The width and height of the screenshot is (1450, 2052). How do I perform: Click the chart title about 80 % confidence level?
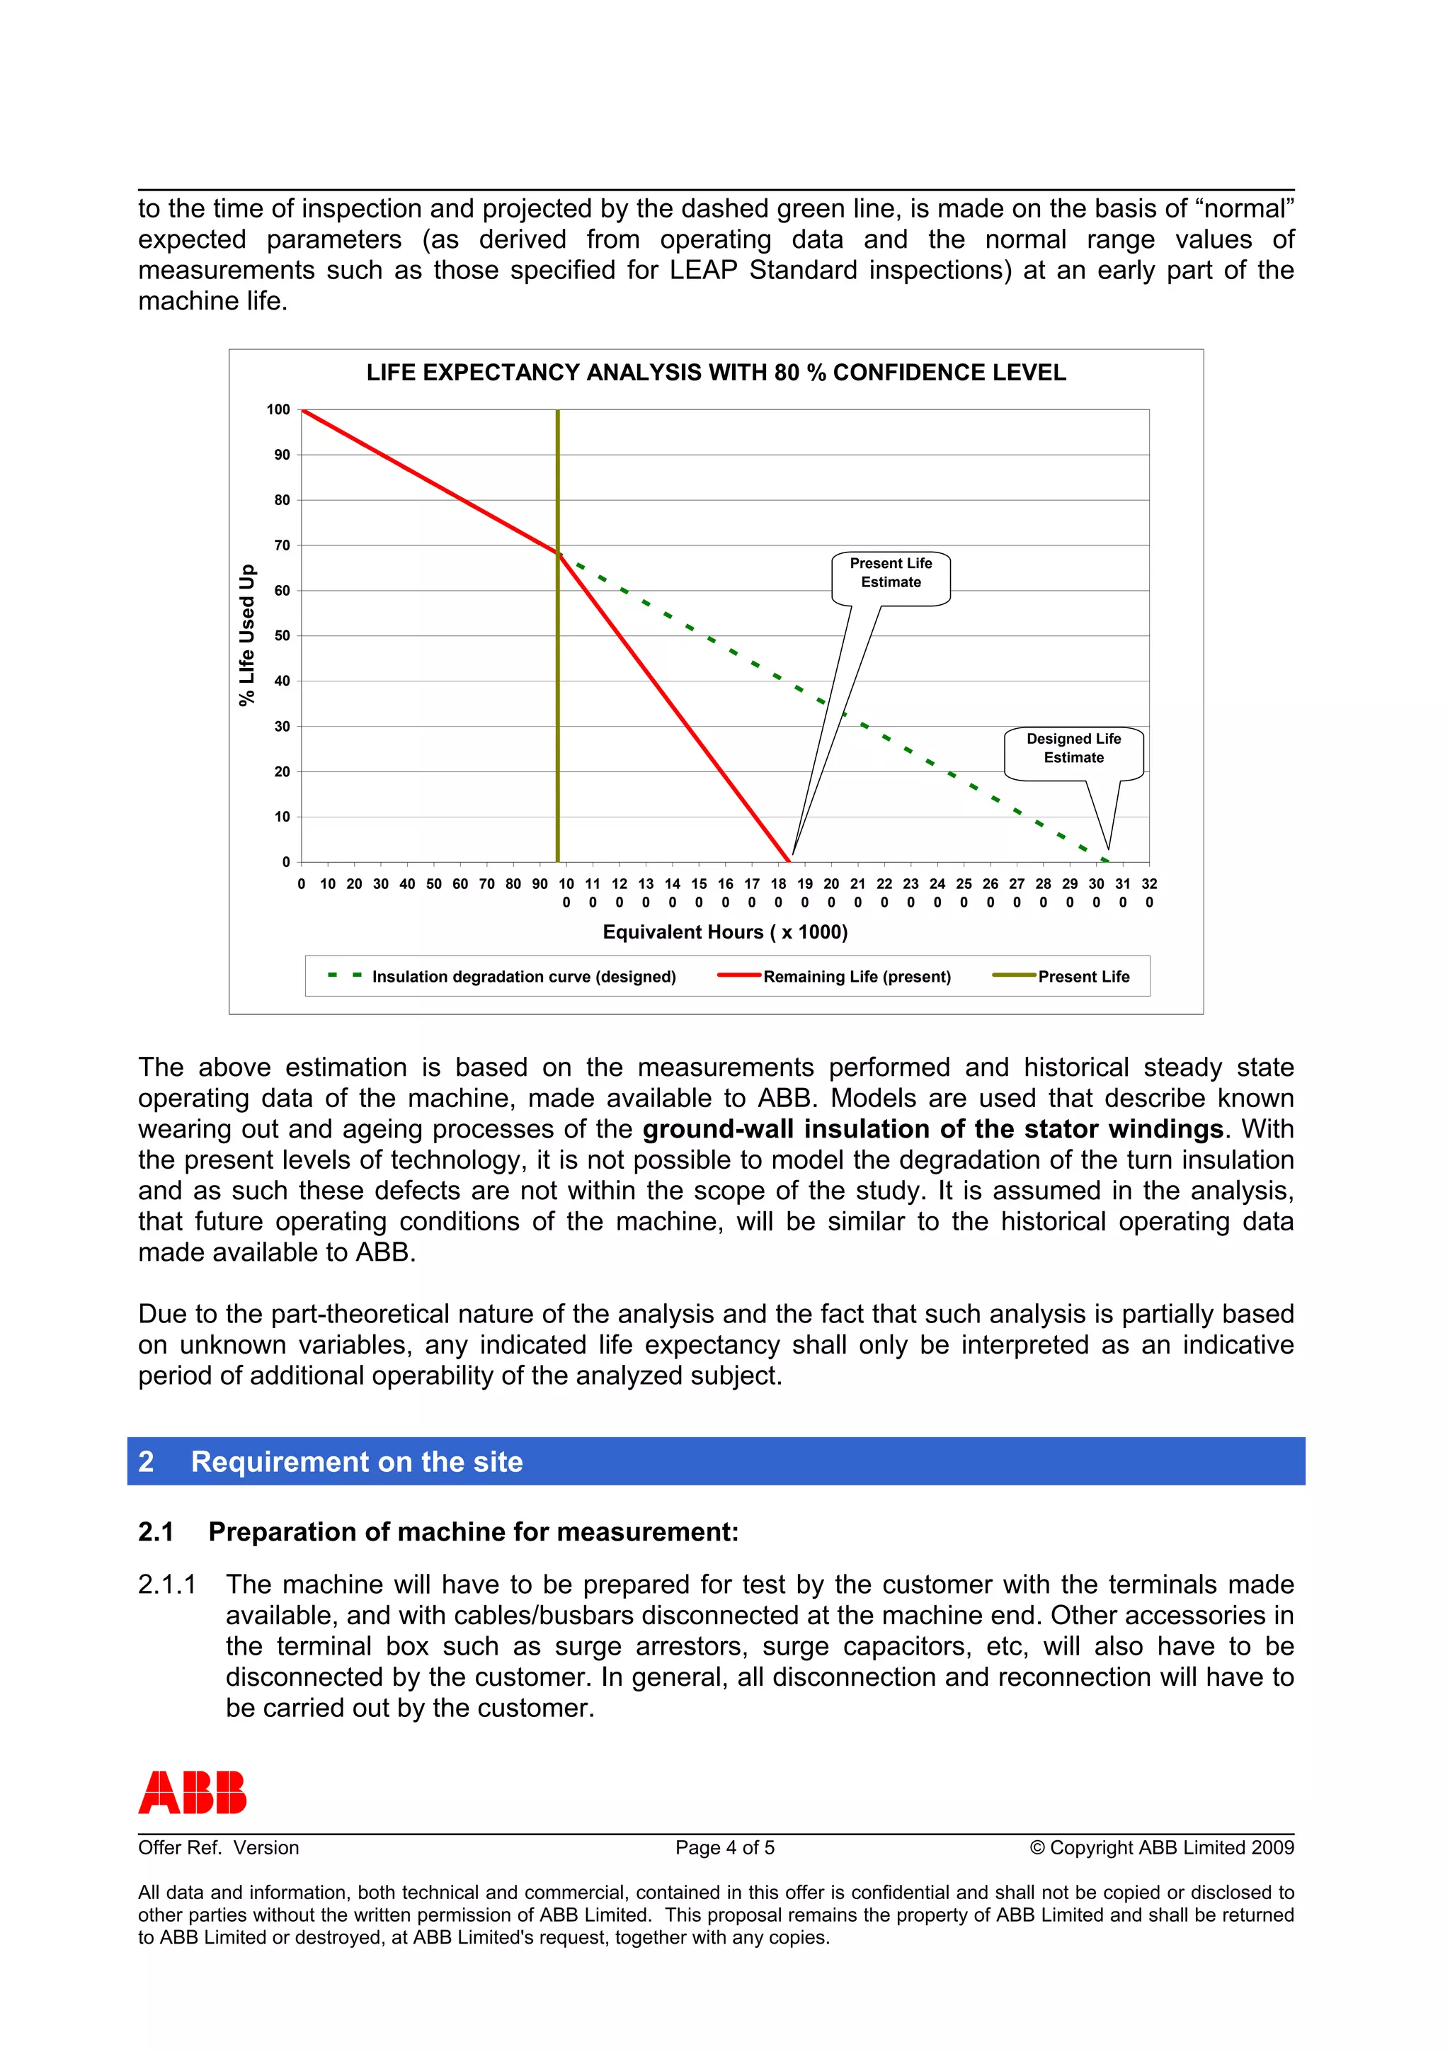(x=716, y=373)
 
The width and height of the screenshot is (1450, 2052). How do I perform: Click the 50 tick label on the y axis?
(x=282, y=635)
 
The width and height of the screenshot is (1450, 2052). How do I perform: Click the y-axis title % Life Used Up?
(x=246, y=635)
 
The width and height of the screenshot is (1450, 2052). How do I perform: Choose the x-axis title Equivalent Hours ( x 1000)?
(x=724, y=932)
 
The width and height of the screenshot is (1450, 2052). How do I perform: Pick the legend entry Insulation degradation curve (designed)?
(x=523, y=977)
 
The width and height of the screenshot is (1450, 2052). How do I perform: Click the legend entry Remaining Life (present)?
(x=856, y=977)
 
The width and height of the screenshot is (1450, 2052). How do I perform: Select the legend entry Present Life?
(x=1083, y=977)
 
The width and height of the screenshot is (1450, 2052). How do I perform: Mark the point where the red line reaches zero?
(x=789, y=861)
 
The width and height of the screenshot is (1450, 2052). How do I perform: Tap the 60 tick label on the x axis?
(x=460, y=884)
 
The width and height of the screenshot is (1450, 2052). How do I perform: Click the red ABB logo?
(x=192, y=1791)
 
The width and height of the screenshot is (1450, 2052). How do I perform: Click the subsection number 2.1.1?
(x=167, y=1585)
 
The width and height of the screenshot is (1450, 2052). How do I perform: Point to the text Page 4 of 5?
(x=724, y=1847)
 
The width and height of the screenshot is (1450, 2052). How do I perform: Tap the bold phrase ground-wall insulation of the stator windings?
(x=932, y=1129)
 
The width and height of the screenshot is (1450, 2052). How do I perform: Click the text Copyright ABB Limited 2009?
(x=1170, y=1847)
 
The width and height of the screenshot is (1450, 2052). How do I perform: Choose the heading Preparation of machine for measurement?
(x=474, y=1532)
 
